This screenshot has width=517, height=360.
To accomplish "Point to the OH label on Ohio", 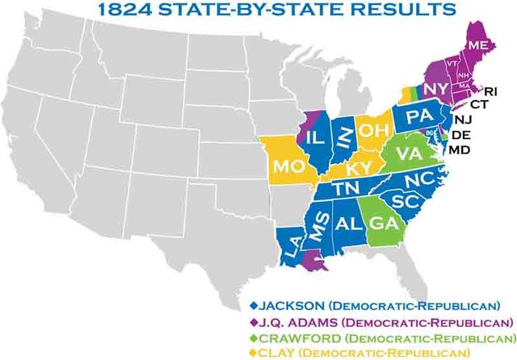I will tap(374, 128).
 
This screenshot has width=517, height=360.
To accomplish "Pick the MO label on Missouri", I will tap(287, 168).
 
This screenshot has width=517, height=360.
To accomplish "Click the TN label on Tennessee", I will tap(347, 188).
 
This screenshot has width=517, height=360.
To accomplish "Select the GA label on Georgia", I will tap(377, 220).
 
